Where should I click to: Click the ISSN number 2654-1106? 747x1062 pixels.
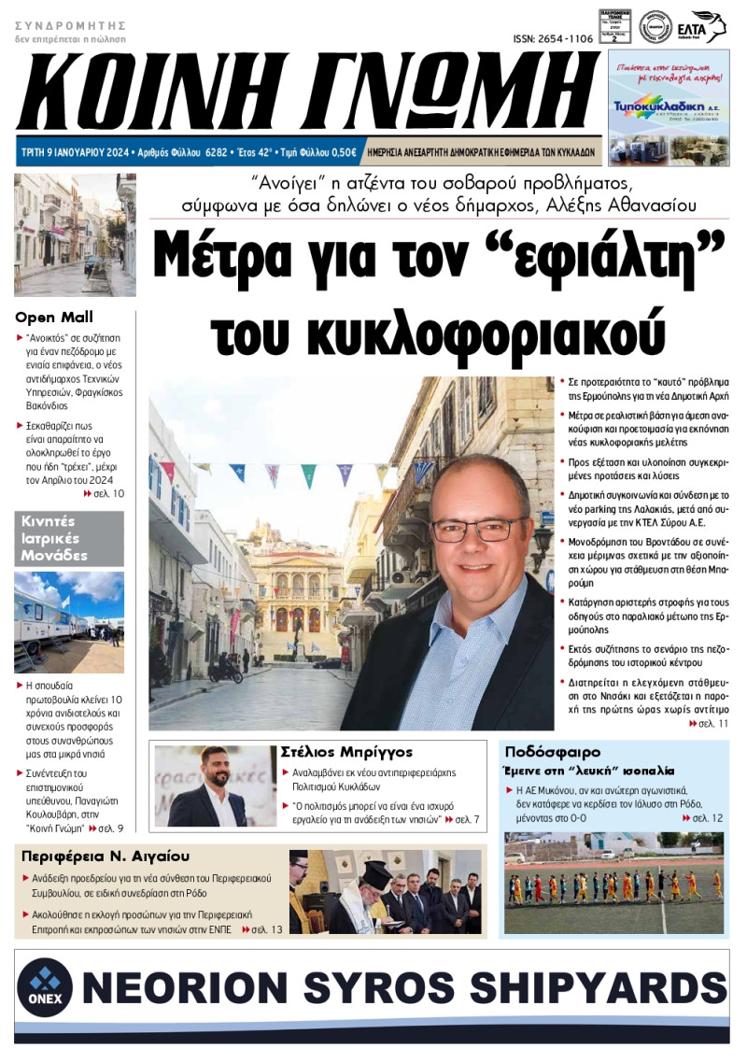(553, 38)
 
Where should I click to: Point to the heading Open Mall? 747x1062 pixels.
(54, 318)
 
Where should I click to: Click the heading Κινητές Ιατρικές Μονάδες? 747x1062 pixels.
(55, 538)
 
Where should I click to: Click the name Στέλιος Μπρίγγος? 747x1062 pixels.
(346, 752)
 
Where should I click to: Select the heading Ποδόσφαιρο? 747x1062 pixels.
(552, 752)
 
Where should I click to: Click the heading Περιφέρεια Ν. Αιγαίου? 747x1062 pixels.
(105, 856)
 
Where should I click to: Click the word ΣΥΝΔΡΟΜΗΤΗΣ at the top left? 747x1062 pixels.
(70, 25)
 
